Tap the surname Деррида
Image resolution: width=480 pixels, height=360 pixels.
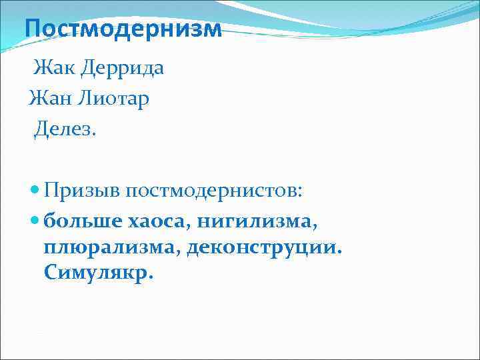[x=123, y=68]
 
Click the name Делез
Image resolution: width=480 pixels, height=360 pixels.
[x=64, y=128]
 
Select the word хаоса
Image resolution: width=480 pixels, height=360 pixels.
[x=152, y=221]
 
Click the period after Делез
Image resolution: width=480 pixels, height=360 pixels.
[x=95, y=133]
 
